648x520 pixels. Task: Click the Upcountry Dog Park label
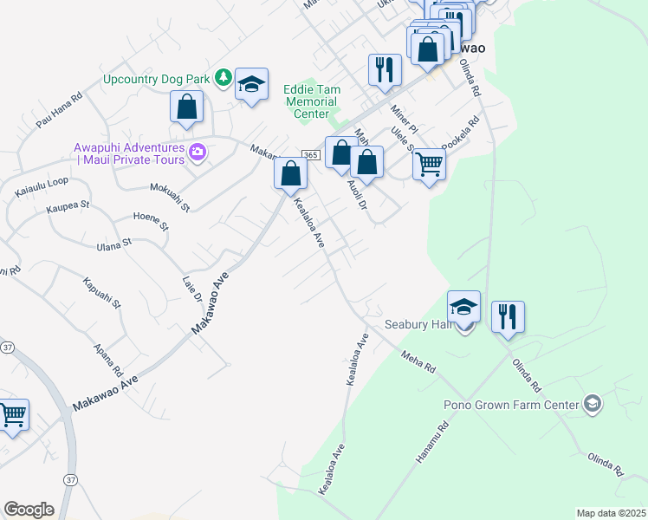156,79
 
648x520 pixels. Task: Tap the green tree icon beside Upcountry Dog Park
223,79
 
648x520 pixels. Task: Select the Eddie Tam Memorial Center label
312,101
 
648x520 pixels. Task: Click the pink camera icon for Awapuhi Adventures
198,153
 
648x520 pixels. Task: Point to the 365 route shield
311,154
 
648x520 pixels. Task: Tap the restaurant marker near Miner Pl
385,69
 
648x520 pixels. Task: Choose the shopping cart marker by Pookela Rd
429,164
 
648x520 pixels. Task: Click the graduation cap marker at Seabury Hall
463,307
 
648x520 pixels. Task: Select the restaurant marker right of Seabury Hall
508,316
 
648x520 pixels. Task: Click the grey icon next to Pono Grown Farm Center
592,403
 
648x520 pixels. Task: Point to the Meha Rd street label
418,361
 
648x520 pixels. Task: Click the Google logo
29,510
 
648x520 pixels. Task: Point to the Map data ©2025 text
611,513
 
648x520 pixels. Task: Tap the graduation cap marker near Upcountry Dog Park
251,84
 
